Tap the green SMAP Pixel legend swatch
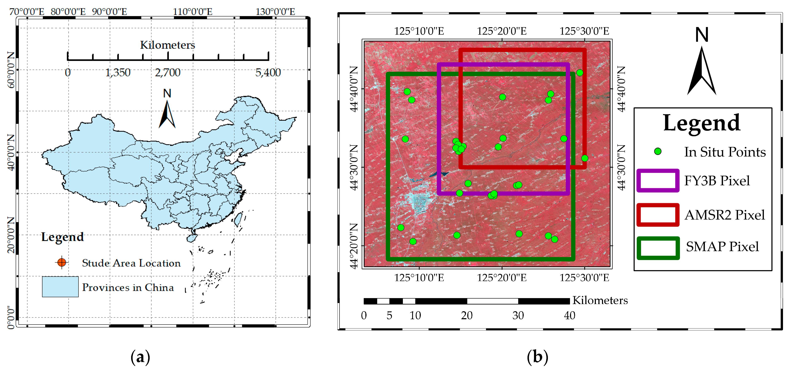pos(658,248)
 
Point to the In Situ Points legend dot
pos(657,151)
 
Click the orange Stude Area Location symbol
pos(62,262)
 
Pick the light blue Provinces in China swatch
pos(60,287)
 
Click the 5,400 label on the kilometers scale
pos(268,73)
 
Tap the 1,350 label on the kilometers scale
pos(118,73)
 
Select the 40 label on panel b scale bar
pos(569,315)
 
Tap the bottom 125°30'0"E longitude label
pos(584,278)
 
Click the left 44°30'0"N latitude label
pos(354,168)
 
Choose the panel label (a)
pos(140,357)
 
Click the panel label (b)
pos(537,357)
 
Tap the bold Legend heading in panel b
pos(702,123)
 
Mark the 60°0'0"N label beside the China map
pos(11,70)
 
